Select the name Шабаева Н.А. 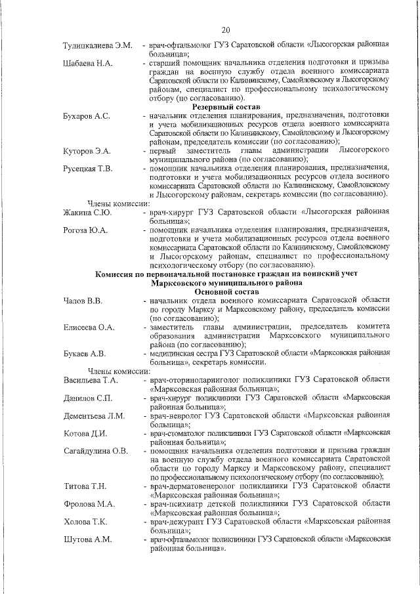[x=88, y=63]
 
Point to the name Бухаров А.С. [x=88, y=116]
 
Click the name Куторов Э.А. [x=87, y=152]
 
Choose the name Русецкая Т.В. [x=88, y=169]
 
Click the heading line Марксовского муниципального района [x=226, y=282]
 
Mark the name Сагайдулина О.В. [x=96, y=451]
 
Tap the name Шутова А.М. [x=88, y=540]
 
